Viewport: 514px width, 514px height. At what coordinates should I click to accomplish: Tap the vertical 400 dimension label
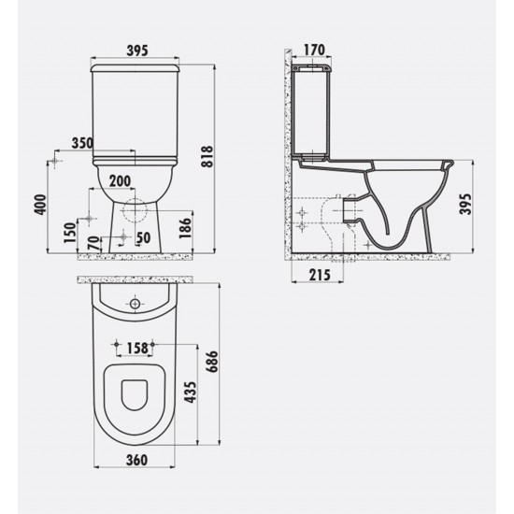click(38, 206)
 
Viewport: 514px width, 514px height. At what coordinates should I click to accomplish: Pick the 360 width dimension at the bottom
click(136, 461)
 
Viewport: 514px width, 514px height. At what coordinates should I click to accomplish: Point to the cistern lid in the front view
click(136, 68)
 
